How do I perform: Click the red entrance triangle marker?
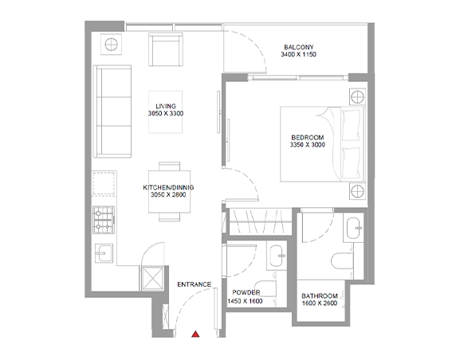[x=195, y=335]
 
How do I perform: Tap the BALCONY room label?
[x=299, y=47]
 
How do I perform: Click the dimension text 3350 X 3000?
[x=308, y=145]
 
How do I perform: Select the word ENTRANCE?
[x=195, y=284]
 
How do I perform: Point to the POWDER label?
[x=246, y=292]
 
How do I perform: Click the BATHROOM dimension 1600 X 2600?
[x=320, y=303]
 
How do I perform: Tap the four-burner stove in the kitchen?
[x=104, y=220]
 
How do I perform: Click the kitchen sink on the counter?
[x=104, y=253]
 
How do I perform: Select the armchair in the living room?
[x=166, y=49]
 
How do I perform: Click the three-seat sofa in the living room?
[x=112, y=112]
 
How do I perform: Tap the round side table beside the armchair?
[x=111, y=45]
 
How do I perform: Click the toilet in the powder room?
[x=265, y=292]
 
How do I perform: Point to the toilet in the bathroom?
[x=342, y=260]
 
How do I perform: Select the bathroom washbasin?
[x=353, y=228]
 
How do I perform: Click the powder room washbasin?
[x=277, y=256]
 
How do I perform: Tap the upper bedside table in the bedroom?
[x=357, y=96]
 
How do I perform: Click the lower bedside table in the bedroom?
[x=357, y=191]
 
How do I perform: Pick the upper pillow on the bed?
[x=351, y=125]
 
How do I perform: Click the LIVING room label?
[x=166, y=106]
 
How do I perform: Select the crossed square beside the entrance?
[x=152, y=278]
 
